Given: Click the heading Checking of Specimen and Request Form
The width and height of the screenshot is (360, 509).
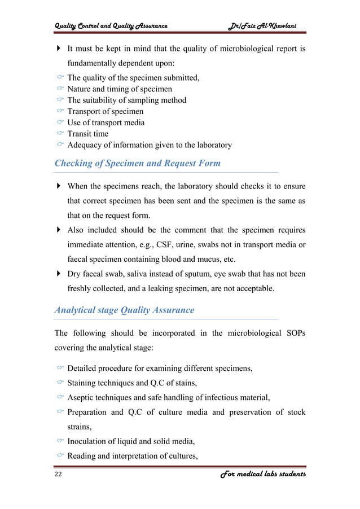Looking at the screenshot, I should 137,163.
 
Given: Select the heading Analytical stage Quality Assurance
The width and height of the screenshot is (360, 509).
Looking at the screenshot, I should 124,310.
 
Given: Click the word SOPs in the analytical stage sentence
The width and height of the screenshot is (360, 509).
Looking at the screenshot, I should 293,333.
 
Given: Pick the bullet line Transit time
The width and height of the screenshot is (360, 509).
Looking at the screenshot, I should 87,134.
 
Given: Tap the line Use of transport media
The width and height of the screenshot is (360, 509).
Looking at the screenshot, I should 106,122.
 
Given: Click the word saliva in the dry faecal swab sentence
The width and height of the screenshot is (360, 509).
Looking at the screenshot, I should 136,274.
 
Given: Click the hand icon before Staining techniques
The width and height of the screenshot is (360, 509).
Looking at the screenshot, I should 60,383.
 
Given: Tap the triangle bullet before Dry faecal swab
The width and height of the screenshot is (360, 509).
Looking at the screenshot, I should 59,274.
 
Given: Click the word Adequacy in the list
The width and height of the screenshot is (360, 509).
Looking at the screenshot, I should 85,145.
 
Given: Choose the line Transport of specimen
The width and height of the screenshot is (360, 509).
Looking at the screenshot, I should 105,111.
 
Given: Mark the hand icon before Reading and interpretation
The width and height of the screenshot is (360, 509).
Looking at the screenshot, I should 60,457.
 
